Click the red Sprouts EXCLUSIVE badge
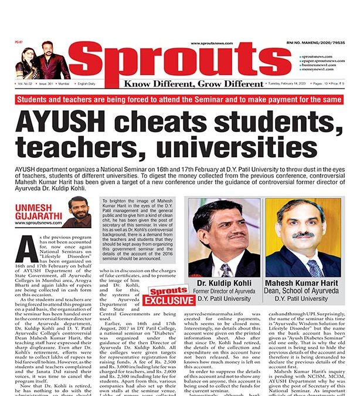tap(169, 296)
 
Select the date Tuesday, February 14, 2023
tap(278, 84)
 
